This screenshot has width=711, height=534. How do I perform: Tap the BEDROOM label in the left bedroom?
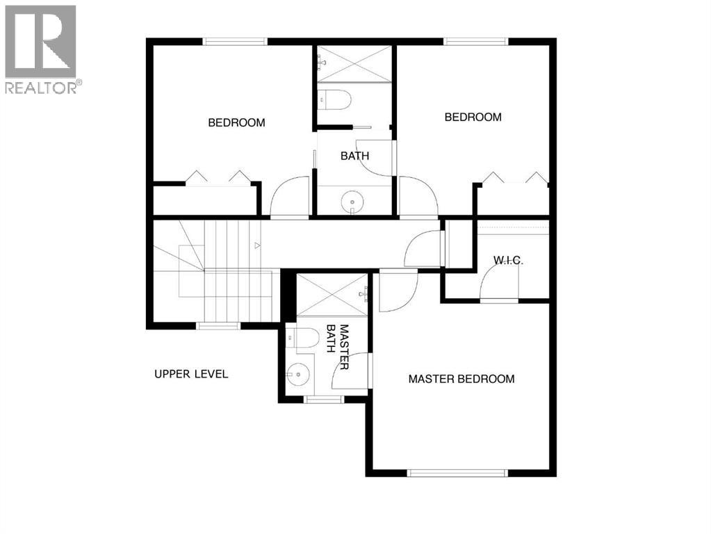click(236, 123)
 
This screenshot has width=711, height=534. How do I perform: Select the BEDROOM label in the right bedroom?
click(473, 118)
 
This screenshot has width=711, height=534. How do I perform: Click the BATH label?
click(354, 156)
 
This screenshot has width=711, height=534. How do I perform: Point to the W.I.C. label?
click(507, 261)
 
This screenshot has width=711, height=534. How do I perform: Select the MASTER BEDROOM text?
click(461, 379)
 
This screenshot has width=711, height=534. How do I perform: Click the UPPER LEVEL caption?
click(191, 374)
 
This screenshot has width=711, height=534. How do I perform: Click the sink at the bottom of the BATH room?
click(354, 202)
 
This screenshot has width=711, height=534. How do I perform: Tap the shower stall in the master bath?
click(332, 295)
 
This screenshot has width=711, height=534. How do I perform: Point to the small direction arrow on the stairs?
click(257, 245)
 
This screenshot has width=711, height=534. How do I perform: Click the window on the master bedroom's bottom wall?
click(457, 474)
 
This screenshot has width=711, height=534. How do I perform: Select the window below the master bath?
click(324, 400)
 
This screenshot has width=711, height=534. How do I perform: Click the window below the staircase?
click(218, 325)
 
